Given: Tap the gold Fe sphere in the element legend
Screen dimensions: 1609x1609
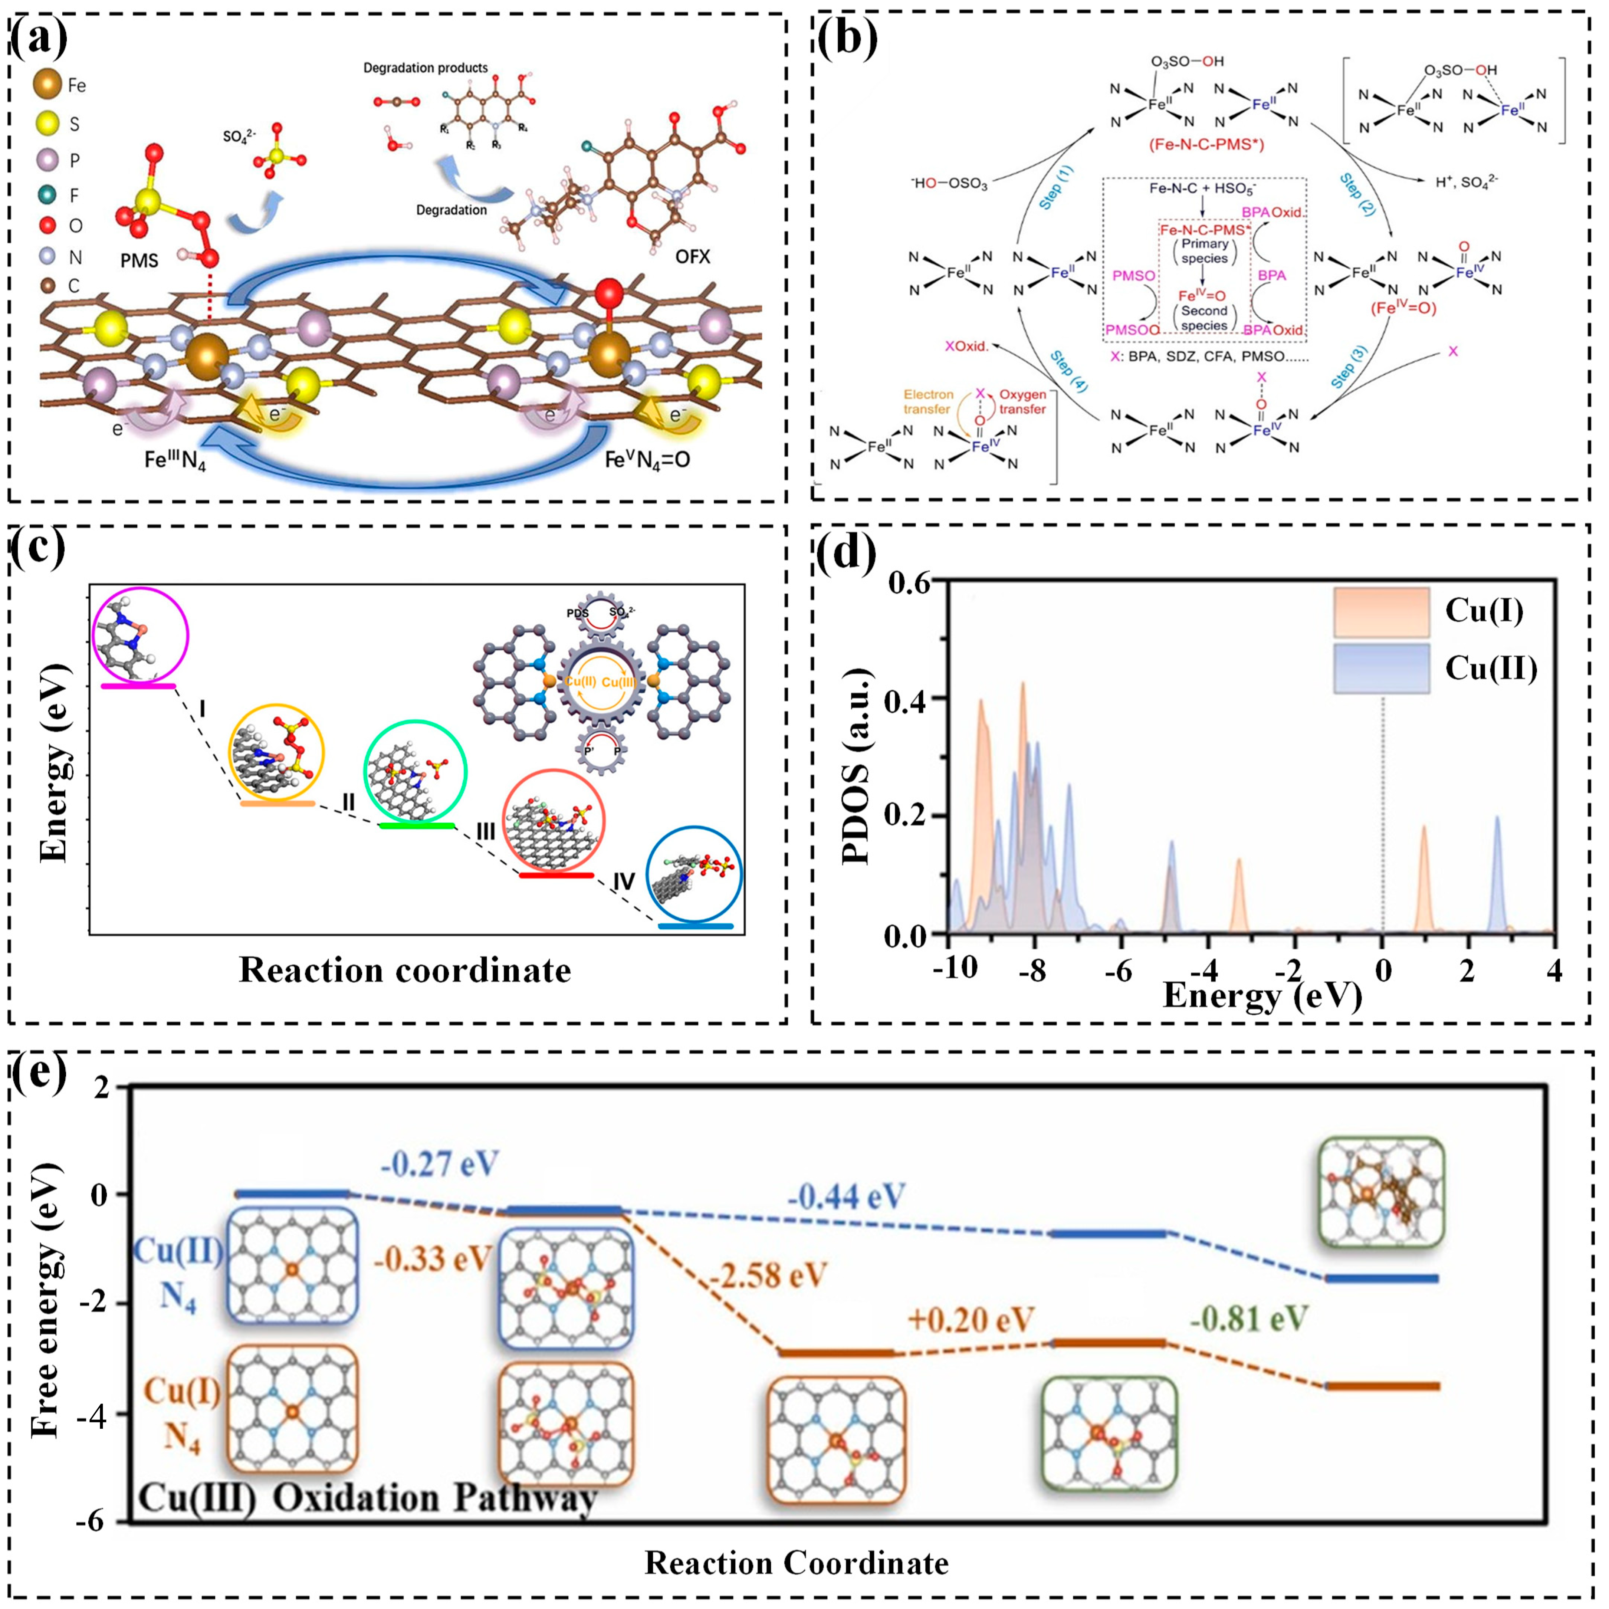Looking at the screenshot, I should pyautogui.click(x=47, y=85).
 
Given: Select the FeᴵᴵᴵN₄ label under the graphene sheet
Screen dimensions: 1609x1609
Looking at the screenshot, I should pyautogui.click(x=175, y=459).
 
